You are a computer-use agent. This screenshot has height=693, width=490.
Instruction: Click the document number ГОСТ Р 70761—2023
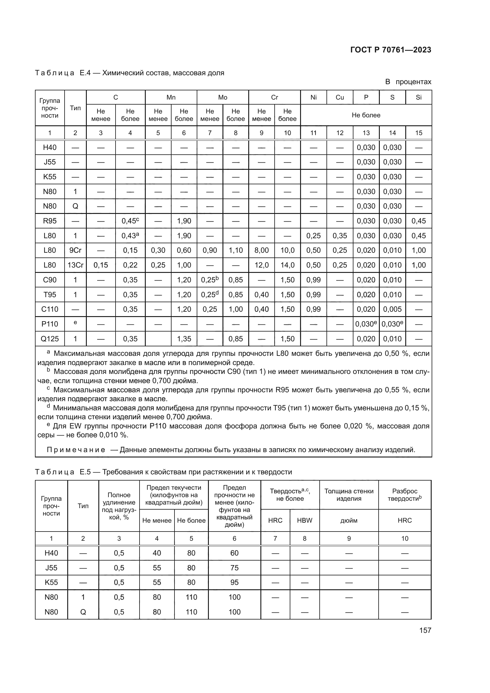(391, 50)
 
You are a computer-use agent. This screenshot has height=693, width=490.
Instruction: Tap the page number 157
(425, 630)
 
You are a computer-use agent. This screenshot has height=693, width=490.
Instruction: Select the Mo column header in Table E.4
(223, 97)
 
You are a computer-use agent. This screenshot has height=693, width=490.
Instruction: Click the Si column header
(419, 97)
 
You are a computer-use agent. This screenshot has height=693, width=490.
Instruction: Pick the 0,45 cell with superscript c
(130, 221)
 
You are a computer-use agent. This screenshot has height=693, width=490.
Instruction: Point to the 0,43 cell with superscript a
(130, 236)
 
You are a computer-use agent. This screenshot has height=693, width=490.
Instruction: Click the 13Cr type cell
(76, 265)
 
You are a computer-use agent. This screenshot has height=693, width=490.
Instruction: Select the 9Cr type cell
(76, 250)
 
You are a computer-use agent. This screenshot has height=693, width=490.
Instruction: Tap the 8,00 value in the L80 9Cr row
(261, 250)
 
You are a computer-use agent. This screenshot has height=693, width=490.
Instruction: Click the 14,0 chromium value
(287, 265)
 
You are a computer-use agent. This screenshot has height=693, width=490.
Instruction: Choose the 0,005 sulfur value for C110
(392, 309)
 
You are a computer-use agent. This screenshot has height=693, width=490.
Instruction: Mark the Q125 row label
(50, 339)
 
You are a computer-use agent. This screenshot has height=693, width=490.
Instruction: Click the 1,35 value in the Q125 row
(184, 339)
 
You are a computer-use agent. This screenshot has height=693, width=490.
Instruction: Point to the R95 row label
(50, 221)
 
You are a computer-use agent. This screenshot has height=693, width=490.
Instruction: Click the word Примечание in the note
(76, 450)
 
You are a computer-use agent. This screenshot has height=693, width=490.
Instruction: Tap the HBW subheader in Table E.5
(305, 520)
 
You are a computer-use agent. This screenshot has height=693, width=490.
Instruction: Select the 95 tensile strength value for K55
(234, 582)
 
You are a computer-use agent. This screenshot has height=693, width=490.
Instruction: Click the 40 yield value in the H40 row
(157, 553)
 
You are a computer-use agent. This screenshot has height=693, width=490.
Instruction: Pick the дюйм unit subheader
(349, 520)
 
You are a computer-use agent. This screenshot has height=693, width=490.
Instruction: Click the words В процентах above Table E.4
(408, 82)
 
